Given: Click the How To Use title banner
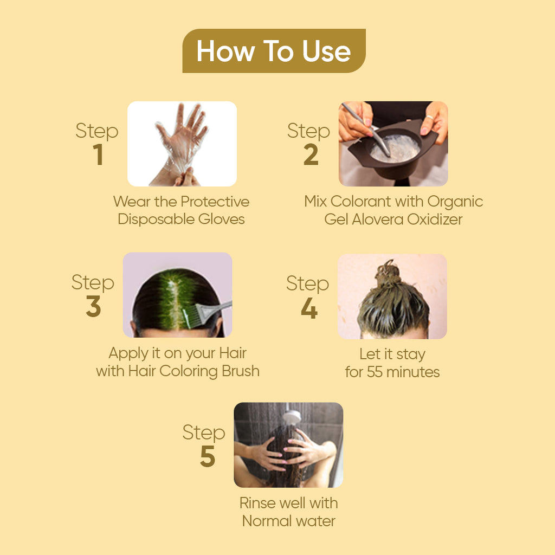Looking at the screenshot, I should [274, 51].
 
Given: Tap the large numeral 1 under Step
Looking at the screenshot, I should [98, 155].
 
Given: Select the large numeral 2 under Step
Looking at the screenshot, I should [311, 155].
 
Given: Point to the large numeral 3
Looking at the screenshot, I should [93, 307].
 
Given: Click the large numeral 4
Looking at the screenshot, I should [309, 308].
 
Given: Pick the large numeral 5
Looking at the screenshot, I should [207, 457].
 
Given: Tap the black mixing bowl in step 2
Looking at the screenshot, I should [393, 154].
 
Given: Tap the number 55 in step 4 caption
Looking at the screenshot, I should [375, 372].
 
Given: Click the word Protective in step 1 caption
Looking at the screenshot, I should [215, 202].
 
